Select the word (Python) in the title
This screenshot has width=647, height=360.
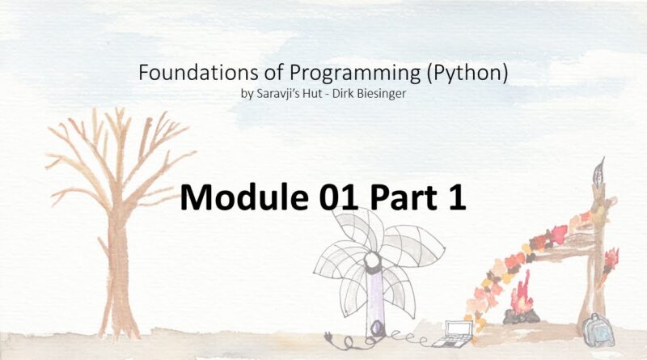click(x=467, y=74)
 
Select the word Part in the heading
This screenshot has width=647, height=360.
click(x=403, y=198)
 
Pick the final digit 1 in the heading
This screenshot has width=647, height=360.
click(x=456, y=197)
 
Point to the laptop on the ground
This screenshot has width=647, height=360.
click(x=454, y=333)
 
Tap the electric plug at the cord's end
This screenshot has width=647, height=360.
click(x=329, y=337)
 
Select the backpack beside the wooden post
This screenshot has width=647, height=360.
click(x=598, y=329)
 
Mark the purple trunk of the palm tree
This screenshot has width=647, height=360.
click(x=375, y=297)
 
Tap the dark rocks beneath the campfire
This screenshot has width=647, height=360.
click(x=521, y=316)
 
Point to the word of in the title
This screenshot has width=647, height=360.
click(x=274, y=73)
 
